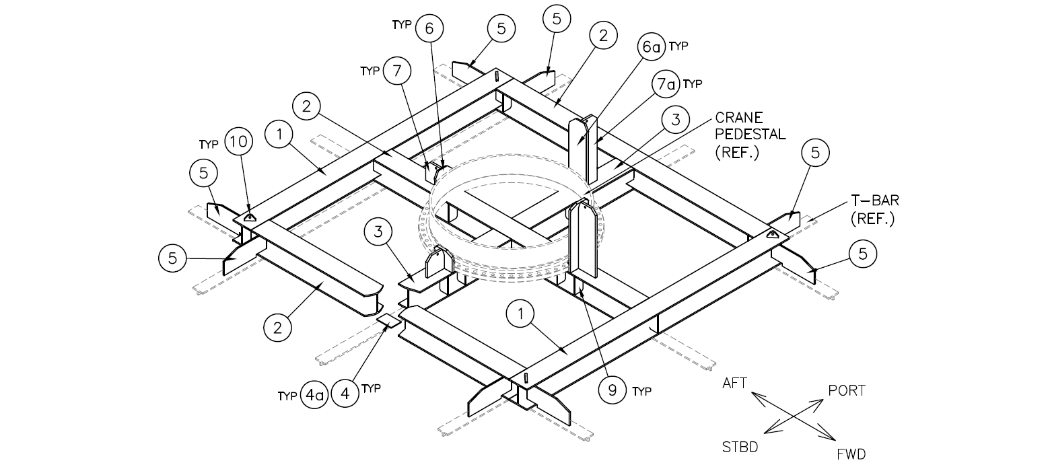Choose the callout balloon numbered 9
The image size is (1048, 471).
[x=612, y=391]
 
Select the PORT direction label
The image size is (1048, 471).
[x=847, y=390]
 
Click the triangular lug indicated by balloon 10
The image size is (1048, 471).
[x=250, y=216]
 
